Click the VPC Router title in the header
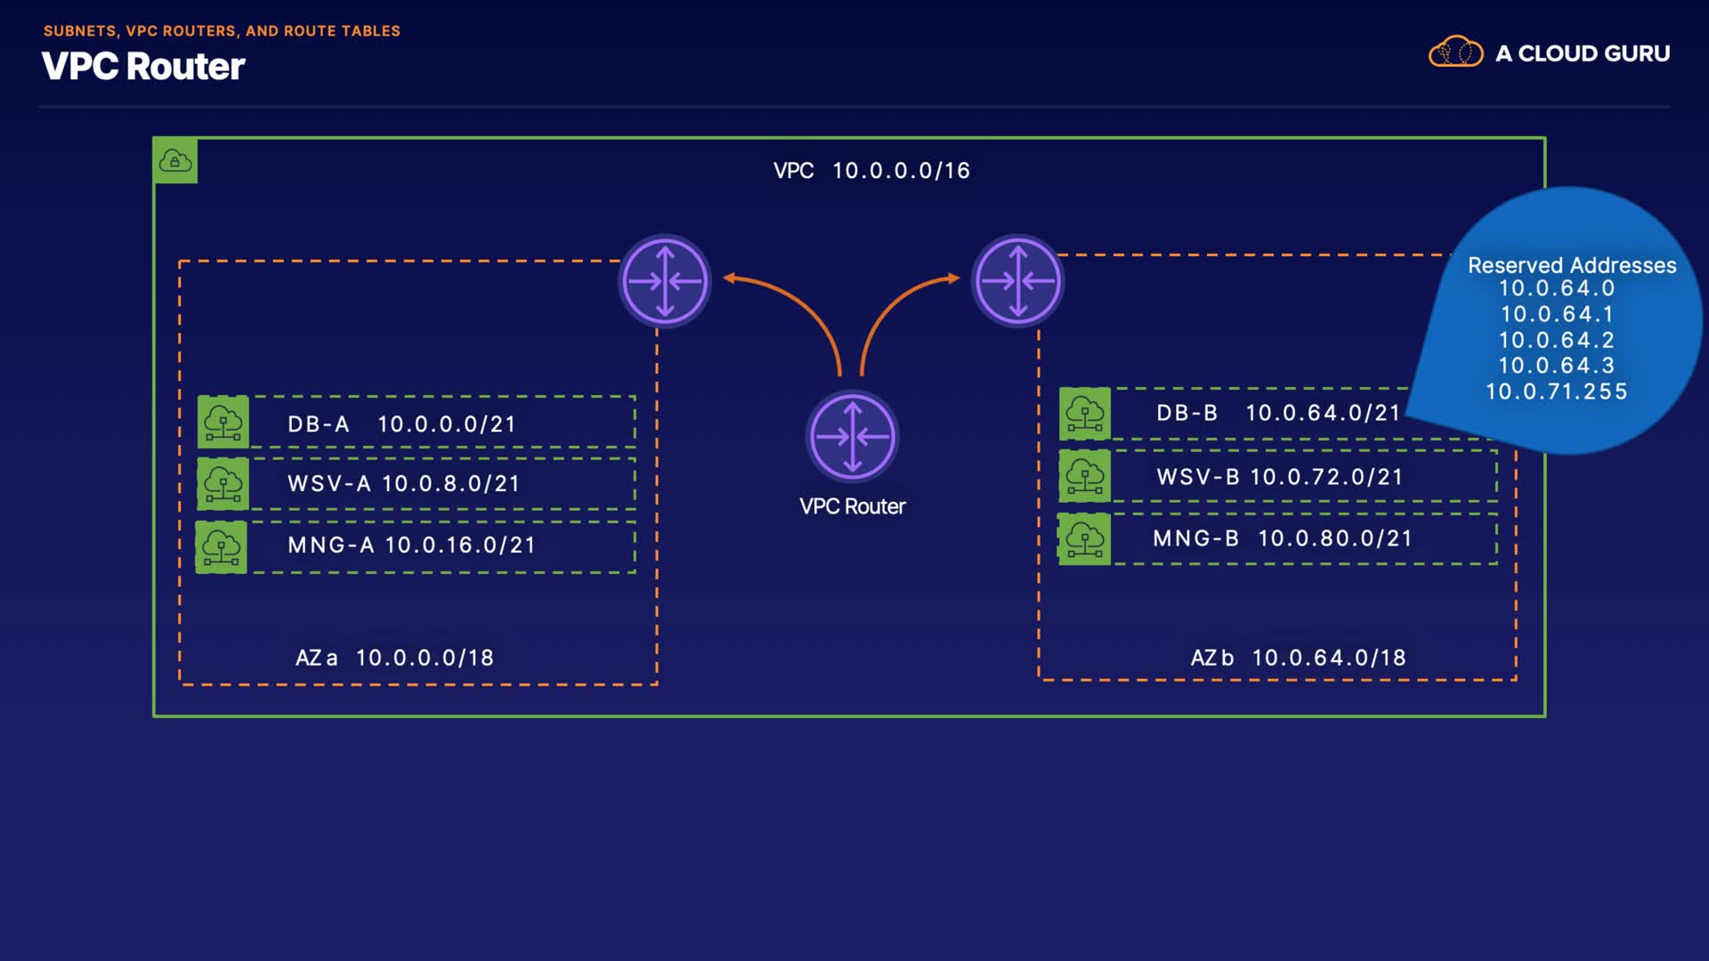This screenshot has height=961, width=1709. (143, 67)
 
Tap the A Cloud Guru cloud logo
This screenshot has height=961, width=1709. (1455, 52)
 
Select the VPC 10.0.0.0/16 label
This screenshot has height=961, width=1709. (871, 170)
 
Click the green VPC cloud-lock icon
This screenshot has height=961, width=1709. (175, 161)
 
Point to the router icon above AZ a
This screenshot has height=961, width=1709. (665, 281)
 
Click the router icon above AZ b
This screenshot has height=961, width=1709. (1017, 281)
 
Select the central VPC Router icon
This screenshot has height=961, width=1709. (852, 437)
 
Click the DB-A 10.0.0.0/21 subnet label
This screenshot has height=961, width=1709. (401, 424)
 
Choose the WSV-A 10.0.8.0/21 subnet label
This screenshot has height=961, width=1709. (403, 483)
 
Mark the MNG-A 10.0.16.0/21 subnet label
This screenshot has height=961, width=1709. (411, 545)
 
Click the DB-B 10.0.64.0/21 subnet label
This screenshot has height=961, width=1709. (1278, 413)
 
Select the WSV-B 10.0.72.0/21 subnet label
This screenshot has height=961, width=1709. (1280, 477)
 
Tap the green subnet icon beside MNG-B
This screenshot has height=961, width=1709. (1084, 538)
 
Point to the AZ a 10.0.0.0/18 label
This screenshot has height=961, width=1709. (394, 658)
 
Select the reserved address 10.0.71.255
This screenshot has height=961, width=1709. (1556, 392)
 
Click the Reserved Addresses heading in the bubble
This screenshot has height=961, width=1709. (1572, 265)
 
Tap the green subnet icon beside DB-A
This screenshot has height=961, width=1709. (223, 422)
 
